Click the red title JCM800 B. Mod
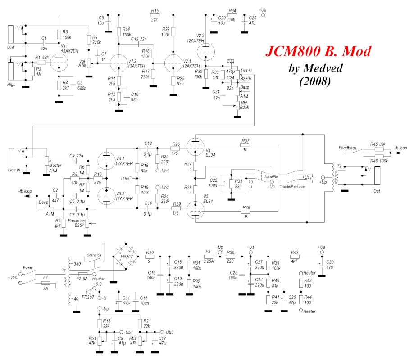click(318, 52)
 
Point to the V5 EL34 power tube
click(195, 210)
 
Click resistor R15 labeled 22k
click(155, 16)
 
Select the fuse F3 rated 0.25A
click(208, 257)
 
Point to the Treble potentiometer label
click(246, 71)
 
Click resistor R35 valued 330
click(231, 184)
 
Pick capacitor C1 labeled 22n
click(44, 44)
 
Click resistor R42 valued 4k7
click(295, 257)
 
